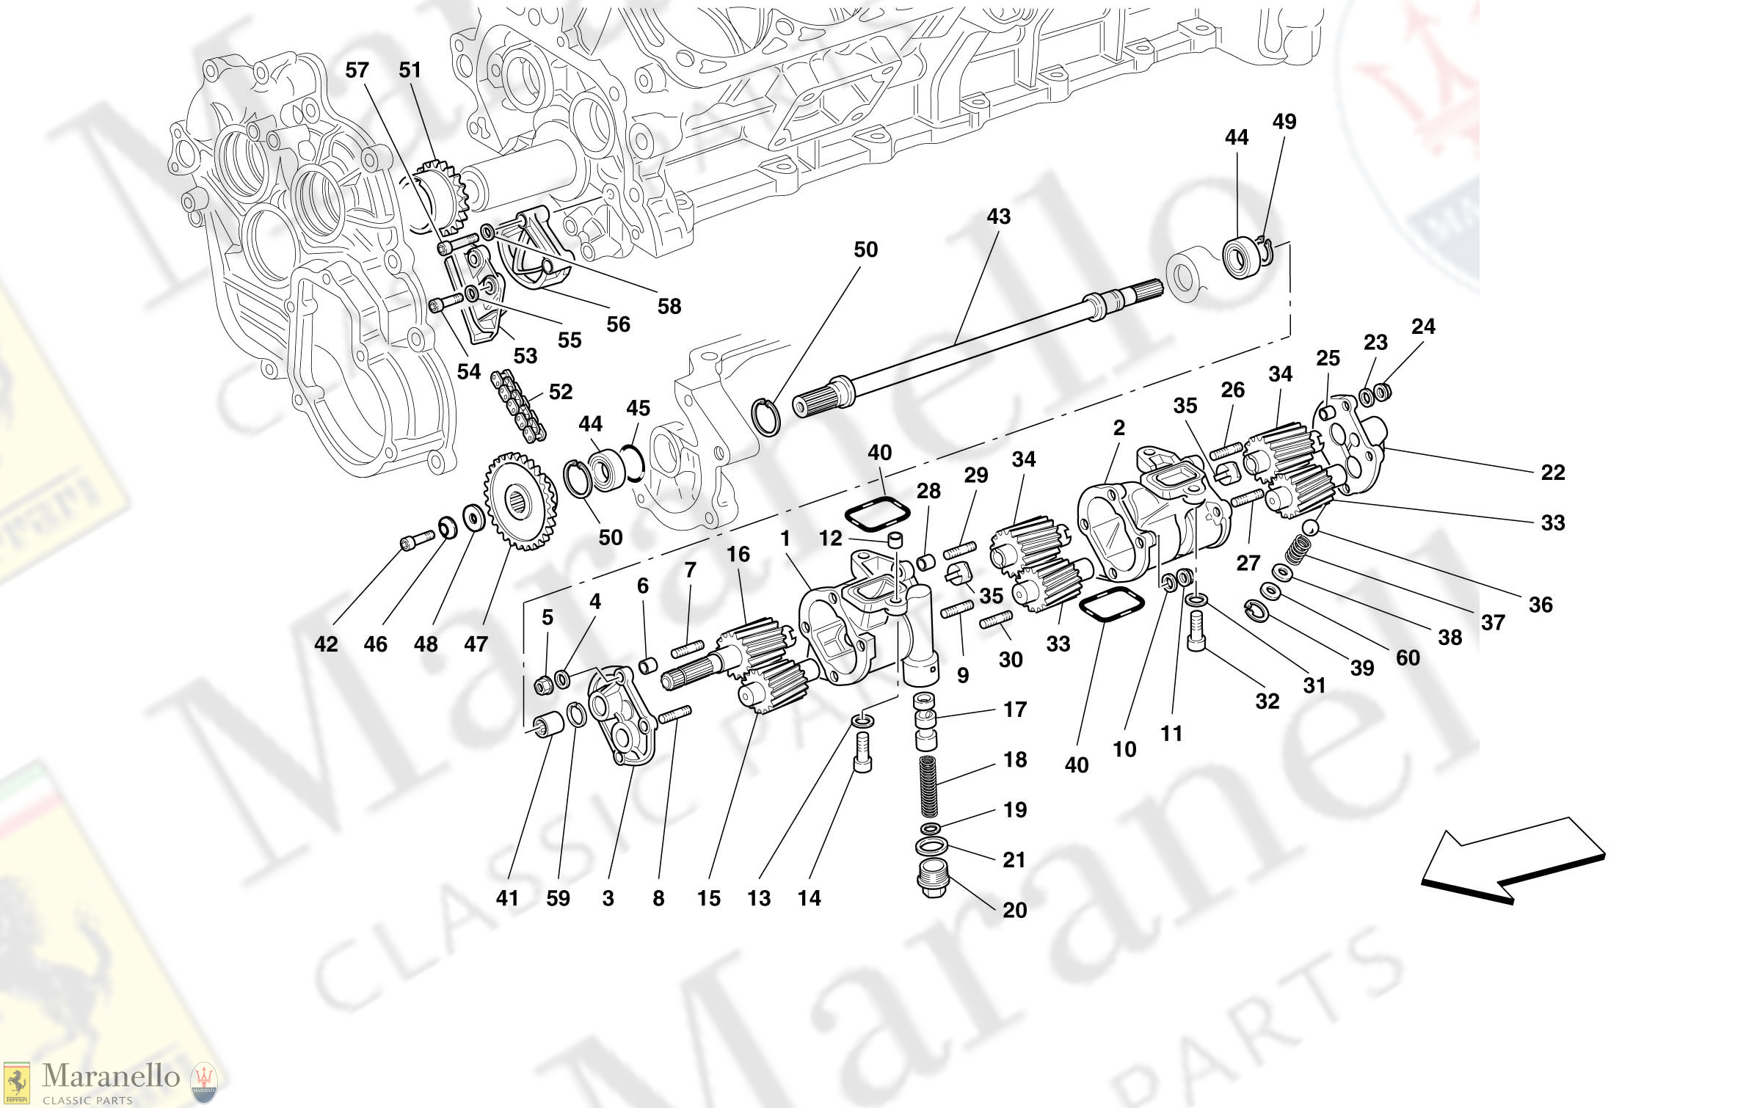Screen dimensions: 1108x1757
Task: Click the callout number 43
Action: click(998, 216)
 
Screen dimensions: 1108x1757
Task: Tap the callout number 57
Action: click(357, 70)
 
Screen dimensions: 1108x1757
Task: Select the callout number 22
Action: click(1552, 473)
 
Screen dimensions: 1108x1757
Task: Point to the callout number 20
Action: click(1014, 911)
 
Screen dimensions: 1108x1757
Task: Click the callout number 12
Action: click(830, 539)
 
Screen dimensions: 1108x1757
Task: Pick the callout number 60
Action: click(1407, 658)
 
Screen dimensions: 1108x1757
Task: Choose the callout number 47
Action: click(476, 644)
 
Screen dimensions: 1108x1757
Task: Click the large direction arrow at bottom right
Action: click(1512, 861)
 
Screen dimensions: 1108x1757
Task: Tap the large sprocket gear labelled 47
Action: click(520, 502)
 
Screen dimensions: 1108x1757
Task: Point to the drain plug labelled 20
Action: click(932, 880)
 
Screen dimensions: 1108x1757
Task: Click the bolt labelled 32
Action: click(1196, 633)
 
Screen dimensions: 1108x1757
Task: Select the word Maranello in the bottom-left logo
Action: click(110, 1076)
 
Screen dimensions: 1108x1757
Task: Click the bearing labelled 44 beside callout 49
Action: click(1242, 257)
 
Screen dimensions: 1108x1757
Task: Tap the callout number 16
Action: click(738, 555)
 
